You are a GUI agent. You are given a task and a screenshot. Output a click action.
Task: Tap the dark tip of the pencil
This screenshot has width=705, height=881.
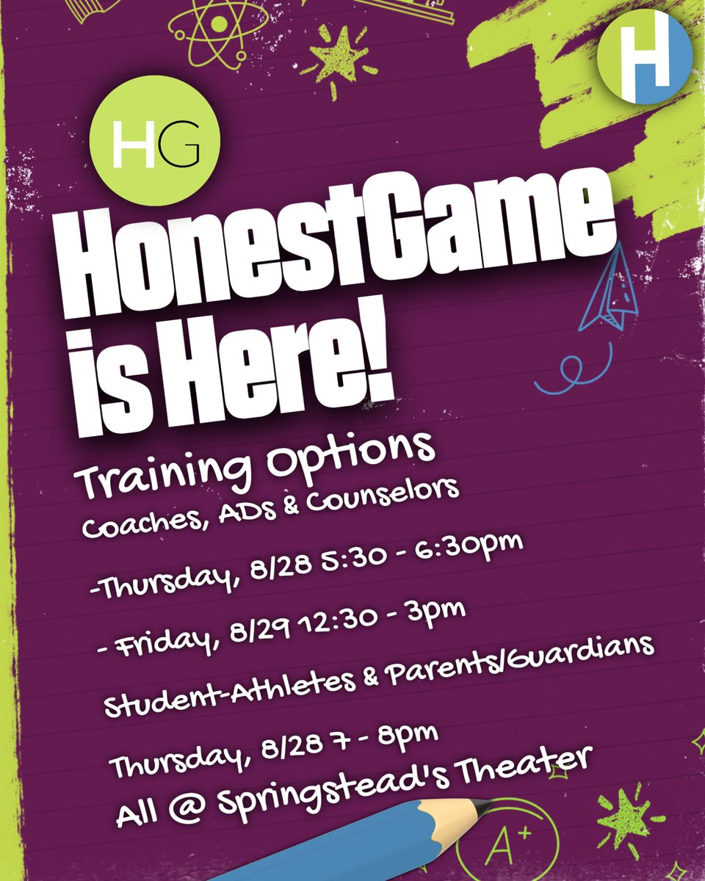480,808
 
